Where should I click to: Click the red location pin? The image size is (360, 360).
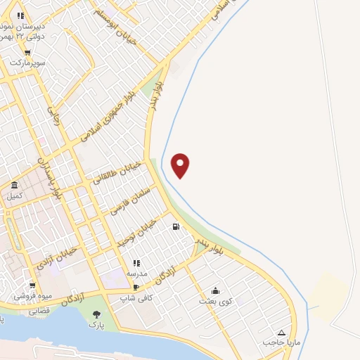click(181, 165)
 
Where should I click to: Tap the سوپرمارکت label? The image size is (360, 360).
click(28, 63)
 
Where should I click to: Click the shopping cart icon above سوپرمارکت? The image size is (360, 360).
click(27, 52)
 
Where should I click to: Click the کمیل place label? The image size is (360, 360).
click(15, 195)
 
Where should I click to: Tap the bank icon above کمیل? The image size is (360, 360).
click(15, 184)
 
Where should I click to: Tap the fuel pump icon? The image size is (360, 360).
click(175, 226)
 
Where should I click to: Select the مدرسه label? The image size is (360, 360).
click(137, 273)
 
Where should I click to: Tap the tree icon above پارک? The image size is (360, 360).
click(96, 314)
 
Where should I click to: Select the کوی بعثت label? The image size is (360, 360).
click(215, 302)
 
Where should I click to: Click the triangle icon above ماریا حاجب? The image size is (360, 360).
click(281, 333)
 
